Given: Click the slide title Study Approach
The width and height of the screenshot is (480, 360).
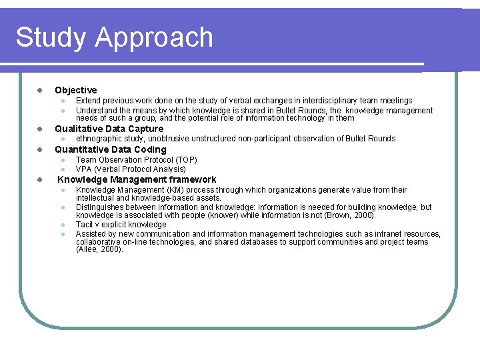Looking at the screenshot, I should click(x=114, y=37).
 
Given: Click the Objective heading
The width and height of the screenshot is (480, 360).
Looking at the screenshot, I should click(x=75, y=90).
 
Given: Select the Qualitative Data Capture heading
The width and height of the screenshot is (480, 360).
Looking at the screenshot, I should click(x=109, y=129).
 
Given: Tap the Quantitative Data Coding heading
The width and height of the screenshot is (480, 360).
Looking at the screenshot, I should click(x=110, y=149).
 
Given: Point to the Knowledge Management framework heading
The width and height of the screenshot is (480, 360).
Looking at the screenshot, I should click(x=137, y=179).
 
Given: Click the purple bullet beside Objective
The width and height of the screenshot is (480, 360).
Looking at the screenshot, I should click(x=39, y=90).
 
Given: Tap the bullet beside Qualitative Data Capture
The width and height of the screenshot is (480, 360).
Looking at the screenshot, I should click(x=39, y=129).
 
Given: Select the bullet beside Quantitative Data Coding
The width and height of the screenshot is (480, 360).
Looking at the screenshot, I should click(x=39, y=149).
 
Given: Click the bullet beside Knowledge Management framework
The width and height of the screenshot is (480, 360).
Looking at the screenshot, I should click(x=39, y=179).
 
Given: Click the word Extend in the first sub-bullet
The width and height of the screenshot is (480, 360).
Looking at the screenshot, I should click(x=88, y=101).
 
